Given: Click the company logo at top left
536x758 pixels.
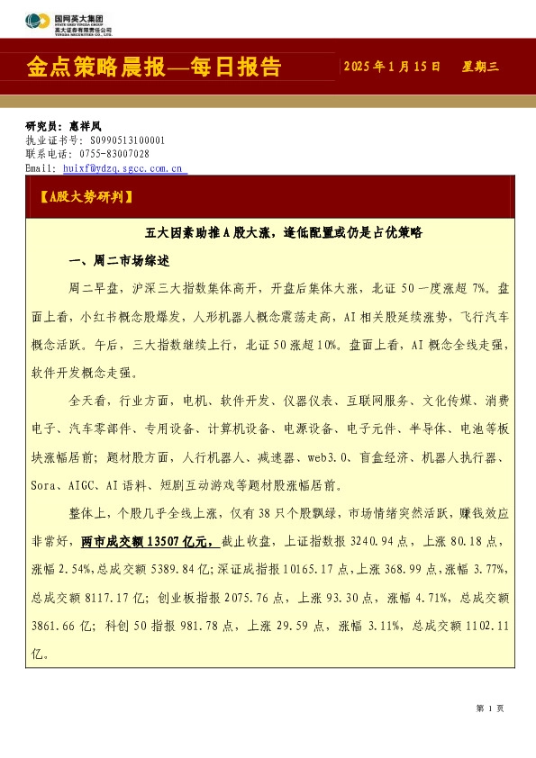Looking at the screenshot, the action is click(x=68, y=23).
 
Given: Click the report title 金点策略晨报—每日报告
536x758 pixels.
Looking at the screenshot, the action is click(x=154, y=68).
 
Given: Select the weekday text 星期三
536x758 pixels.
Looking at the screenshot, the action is click(x=480, y=68).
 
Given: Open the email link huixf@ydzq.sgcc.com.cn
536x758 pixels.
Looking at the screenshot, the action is click(x=123, y=168).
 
